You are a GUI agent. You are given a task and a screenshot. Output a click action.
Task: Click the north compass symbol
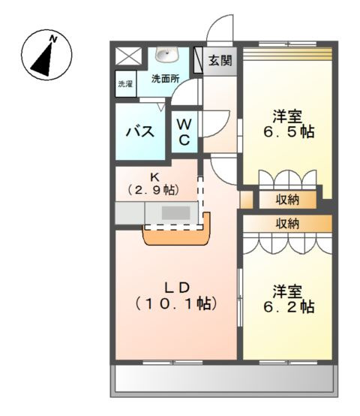click(x=46, y=56)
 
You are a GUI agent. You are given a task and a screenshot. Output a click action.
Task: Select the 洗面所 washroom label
click(x=165, y=78)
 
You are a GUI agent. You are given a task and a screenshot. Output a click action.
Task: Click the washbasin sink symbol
click(x=164, y=57)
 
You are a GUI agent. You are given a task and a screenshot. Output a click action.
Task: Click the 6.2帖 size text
click(x=287, y=307)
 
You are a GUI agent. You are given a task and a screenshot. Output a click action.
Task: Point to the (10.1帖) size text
click(x=178, y=304)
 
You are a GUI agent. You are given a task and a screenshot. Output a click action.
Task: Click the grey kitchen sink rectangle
click(x=176, y=213)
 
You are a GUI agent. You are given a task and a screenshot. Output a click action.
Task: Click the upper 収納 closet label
click(x=288, y=200)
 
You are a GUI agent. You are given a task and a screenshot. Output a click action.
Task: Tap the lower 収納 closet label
click(x=288, y=223)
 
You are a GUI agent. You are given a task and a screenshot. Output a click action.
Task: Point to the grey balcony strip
click(x=223, y=381)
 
